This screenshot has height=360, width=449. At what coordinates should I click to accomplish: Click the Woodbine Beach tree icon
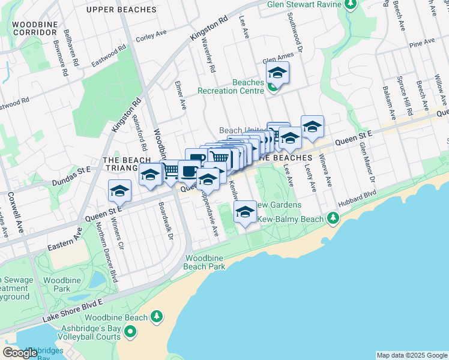156,316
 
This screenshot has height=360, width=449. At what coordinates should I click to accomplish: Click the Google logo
20,353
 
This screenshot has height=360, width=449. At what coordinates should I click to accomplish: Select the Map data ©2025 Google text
411,355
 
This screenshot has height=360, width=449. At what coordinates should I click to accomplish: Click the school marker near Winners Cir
119,192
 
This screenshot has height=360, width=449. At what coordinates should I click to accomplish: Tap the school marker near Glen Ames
277,74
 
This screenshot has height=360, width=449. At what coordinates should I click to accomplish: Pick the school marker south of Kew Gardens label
244,212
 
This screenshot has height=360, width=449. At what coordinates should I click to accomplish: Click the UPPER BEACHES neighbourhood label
116,10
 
